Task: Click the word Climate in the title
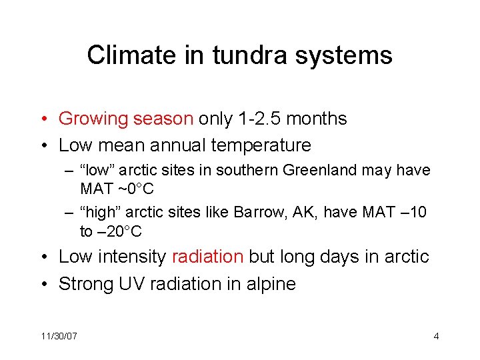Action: click(125, 55)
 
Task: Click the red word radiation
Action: click(208, 257)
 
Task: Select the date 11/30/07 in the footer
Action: click(59, 336)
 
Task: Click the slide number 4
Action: click(436, 336)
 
